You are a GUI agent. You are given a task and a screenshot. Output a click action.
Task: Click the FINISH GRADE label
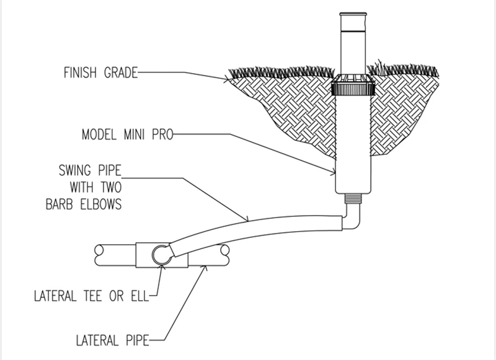tap(100, 72)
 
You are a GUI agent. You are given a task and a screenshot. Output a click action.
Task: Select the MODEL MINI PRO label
tap(128, 134)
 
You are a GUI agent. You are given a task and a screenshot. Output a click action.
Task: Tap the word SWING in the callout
tap(74, 170)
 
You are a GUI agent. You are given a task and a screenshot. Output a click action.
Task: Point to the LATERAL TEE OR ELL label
tap(91, 296)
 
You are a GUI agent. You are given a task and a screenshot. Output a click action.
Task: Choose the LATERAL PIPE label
tap(112, 340)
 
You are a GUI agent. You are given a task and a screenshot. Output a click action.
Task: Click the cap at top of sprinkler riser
tap(353, 14)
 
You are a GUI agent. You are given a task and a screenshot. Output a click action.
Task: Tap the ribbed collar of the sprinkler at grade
tap(353, 88)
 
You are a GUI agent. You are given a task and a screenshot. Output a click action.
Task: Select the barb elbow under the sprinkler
tap(352, 218)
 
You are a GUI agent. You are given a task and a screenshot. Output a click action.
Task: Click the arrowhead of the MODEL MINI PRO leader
tap(333, 173)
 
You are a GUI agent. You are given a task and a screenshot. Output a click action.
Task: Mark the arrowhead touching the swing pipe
tap(246, 219)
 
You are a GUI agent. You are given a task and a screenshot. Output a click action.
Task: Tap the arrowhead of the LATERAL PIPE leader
tap(205, 269)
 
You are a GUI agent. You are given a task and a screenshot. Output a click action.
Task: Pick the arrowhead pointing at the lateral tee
tap(162, 268)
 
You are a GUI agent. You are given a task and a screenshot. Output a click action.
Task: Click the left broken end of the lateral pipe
tap(99, 255)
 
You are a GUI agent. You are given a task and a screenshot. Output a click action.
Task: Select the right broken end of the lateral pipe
tap(225, 255)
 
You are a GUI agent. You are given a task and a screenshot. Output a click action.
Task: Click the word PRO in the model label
tap(162, 134)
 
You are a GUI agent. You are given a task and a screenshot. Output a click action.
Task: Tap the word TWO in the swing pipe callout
tap(112, 187)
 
